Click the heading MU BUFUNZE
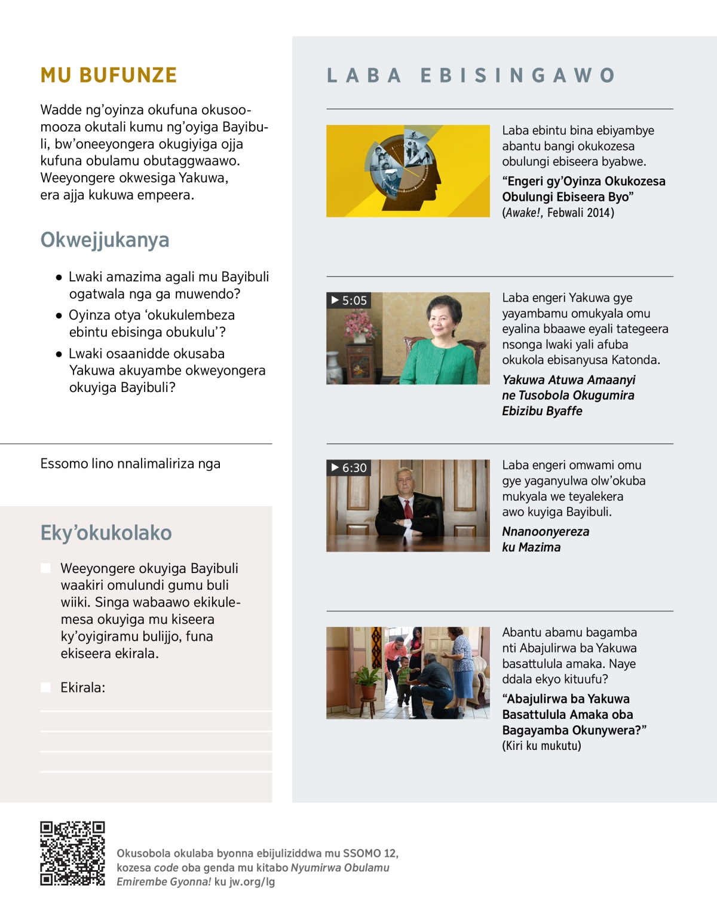click(109, 75)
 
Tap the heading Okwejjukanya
click(105, 240)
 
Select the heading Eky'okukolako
click(106, 532)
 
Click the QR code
click(72, 853)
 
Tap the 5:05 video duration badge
click(349, 301)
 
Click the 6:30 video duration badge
click(349, 468)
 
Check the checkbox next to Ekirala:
click(45, 687)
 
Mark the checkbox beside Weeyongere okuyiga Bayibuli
click(45, 568)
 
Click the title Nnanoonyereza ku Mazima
click(545, 539)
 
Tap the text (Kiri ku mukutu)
click(541, 746)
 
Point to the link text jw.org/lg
click(252, 881)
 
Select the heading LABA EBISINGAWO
click(471, 75)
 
